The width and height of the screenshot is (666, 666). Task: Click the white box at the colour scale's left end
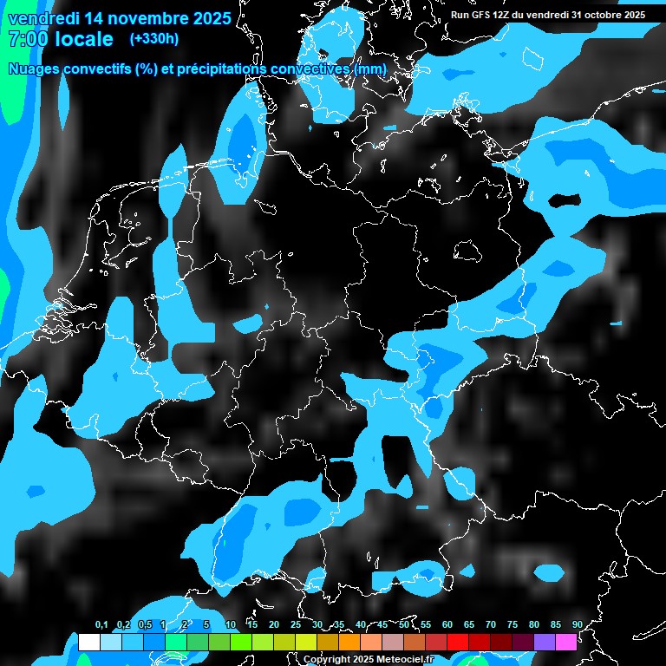tap(88, 643)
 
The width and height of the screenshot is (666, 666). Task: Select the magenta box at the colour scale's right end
tap(565, 643)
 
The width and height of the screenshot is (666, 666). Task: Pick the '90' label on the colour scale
tap(577, 625)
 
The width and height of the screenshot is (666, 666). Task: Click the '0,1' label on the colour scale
tap(101, 625)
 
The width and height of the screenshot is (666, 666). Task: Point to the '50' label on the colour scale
tap(404, 625)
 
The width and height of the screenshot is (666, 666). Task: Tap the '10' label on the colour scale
tap(231, 625)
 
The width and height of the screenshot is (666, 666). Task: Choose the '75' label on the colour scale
tap(512, 625)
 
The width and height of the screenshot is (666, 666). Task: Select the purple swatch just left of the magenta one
tap(544, 643)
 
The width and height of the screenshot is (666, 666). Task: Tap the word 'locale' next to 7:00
tap(85, 39)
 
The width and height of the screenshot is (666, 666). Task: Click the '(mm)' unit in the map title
tap(370, 69)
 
